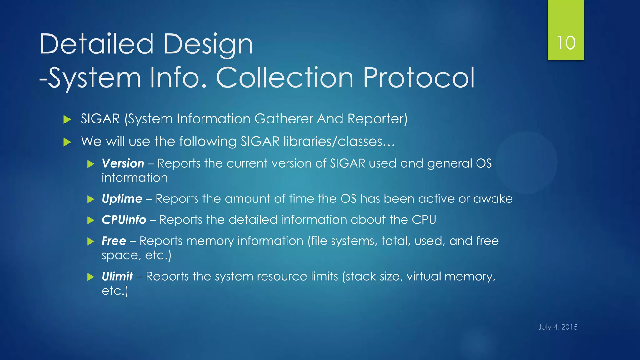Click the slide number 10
pyautogui.click(x=566, y=43)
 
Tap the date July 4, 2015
pyautogui.click(x=557, y=327)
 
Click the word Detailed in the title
pyautogui.click(x=97, y=44)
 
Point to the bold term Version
pyautogui.click(x=123, y=163)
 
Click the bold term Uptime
pyautogui.click(x=122, y=199)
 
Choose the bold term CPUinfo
pyautogui.click(x=124, y=220)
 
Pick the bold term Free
pyautogui.click(x=114, y=241)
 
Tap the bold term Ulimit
pyautogui.click(x=117, y=277)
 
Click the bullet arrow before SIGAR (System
pyautogui.click(x=67, y=119)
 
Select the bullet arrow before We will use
pyautogui.click(x=67, y=142)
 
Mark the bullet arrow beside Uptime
pyautogui.click(x=91, y=199)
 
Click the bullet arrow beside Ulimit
pyautogui.click(x=91, y=277)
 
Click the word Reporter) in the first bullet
pyautogui.click(x=377, y=119)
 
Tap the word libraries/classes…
pyautogui.click(x=339, y=142)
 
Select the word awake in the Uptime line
pyautogui.click(x=493, y=199)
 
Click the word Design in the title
pyautogui.click(x=208, y=44)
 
